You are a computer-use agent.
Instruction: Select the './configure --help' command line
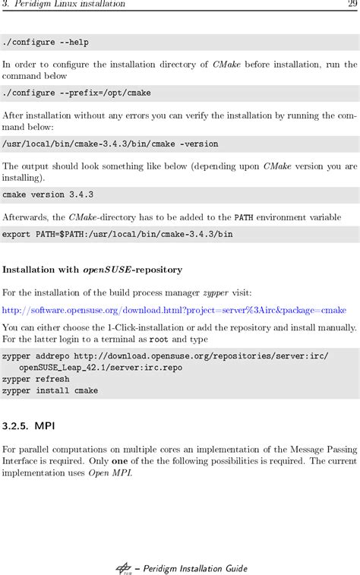pyautogui.click(x=46, y=43)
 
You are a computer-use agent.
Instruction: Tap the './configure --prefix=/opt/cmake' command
pyautogui.click(x=77, y=93)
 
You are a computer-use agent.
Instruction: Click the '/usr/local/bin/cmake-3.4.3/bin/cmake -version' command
pyautogui.click(x=110, y=144)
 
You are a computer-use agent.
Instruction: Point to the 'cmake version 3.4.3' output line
pyautogui.click(x=48, y=194)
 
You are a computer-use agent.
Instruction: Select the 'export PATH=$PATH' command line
pyautogui.click(x=117, y=234)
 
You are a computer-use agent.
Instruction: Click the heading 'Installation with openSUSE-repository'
pyautogui.click(x=92, y=270)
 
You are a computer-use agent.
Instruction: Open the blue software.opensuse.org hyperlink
pyautogui.click(x=174, y=310)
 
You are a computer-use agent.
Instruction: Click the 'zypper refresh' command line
pyautogui.click(x=36, y=379)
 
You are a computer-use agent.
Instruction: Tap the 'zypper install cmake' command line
pyautogui.click(x=50, y=390)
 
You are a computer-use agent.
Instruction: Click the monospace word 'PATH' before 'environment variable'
pyautogui.click(x=243, y=216)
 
